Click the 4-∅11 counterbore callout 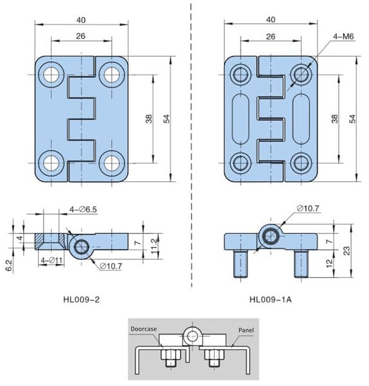point(51,260)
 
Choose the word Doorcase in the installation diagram point(144,329)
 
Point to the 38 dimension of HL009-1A point(334,120)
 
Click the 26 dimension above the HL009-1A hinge point(271,37)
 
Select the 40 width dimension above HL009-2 point(82,19)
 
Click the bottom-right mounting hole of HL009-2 point(113,164)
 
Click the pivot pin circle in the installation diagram point(190,335)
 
